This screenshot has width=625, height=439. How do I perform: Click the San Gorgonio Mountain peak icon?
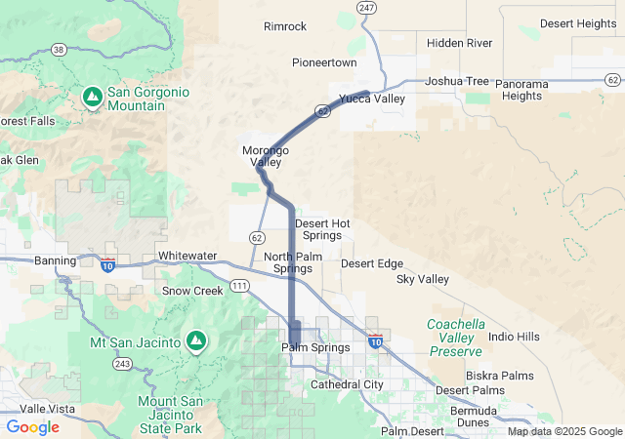tap(92, 96)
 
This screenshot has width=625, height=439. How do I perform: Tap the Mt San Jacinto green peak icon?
tap(196, 341)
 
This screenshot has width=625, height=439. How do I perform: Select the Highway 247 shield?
tap(366, 8)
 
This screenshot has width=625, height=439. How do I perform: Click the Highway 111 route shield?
tap(238, 284)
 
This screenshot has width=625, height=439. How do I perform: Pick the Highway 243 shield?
tap(122, 364)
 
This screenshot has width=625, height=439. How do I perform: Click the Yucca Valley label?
tap(371, 99)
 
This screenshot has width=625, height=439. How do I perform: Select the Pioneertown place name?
tap(325, 62)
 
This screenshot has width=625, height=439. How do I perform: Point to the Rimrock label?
tap(285, 26)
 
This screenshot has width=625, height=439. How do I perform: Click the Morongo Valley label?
tap(265, 156)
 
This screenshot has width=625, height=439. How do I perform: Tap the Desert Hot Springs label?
tap(322, 229)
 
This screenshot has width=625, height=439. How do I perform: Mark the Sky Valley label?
tap(423, 280)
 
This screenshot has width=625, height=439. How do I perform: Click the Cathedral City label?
tap(347, 384)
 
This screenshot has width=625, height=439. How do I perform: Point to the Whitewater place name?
tap(187, 256)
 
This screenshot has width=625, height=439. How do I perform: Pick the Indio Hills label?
tap(514, 337)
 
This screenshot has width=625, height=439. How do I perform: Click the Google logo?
tap(32, 427)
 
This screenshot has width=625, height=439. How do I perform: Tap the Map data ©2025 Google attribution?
tap(563, 431)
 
